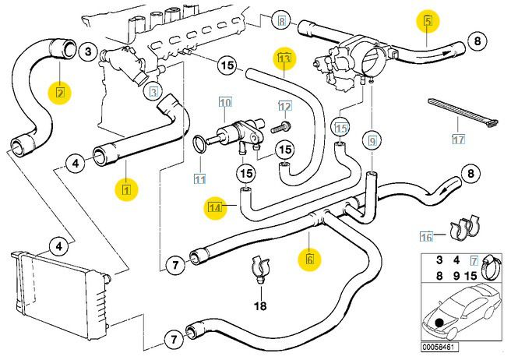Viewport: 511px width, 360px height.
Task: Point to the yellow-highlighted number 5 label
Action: [428, 20]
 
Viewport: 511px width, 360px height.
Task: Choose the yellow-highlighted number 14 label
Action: [215, 206]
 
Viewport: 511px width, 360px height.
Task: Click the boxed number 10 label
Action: [225, 103]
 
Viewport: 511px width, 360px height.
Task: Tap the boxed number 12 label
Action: [284, 106]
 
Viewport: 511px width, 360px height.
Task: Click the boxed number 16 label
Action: [425, 235]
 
